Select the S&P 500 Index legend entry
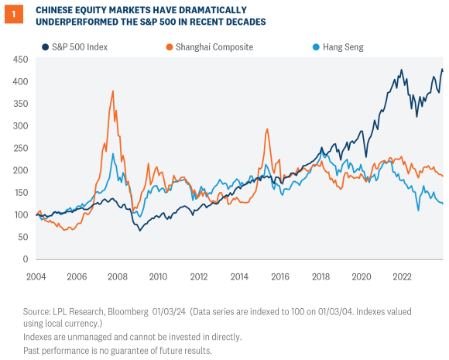tap(76, 46)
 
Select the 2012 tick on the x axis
tap(199, 276)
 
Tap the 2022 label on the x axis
tap(401, 276)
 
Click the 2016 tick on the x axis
tap(280, 276)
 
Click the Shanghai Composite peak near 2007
tap(113, 91)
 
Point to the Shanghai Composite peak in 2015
tap(267, 129)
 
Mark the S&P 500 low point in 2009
tap(140, 230)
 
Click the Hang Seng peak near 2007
tap(113, 153)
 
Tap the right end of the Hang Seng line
tap(443, 204)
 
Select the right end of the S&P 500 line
tap(443, 70)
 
